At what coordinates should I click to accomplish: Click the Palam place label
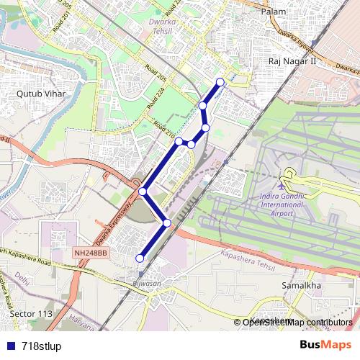point(274,12)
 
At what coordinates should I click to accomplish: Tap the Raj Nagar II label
point(292,63)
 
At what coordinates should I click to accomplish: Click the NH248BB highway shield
point(90,253)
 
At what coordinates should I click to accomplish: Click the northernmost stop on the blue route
point(220,81)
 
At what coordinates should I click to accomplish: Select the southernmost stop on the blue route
point(140,258)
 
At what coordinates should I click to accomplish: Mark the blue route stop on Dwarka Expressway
point(143,192)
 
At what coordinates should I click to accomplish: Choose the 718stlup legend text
point(41,346)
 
